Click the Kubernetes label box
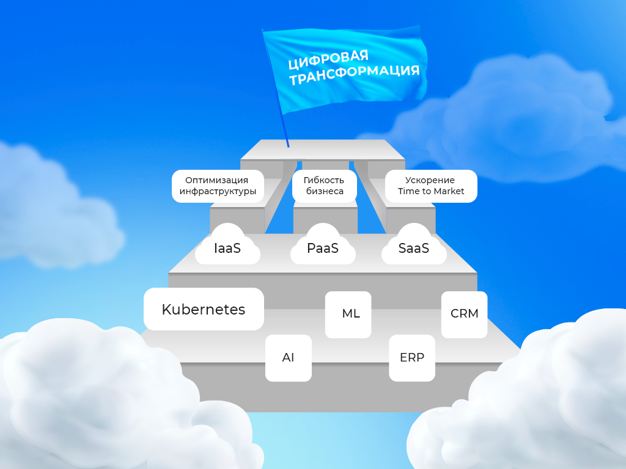click(x=204, y=309)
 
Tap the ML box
click(x=348, y=314)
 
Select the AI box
click(x=289, y=358)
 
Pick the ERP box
click(x=412, y=358)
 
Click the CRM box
click(x=464, y=314)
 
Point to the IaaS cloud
click(x=227, y=248)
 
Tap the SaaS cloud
click(x=414, y=248)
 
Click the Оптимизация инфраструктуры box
click(x=217, y=186)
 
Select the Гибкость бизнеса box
click(x=324, y=186)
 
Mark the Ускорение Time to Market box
click(x=431, y=186)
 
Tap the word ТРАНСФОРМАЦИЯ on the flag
click(x=354, y=75)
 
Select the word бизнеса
click(x=324, y=191)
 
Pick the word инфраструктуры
click(x=217, y=191)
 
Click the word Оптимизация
click(x=217, y=180)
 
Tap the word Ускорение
click(x=430, y=180)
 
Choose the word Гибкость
click(x=324, y=180)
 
